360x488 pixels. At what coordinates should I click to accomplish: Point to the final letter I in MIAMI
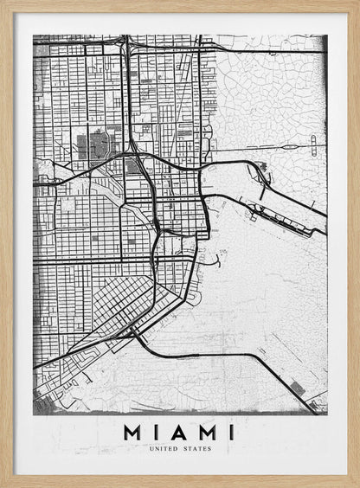(230, 431)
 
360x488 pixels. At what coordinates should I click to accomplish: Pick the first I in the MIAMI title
(156, 431)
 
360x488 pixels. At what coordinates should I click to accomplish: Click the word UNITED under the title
(164, 449)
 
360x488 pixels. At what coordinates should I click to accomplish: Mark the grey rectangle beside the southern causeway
(297, 388)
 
